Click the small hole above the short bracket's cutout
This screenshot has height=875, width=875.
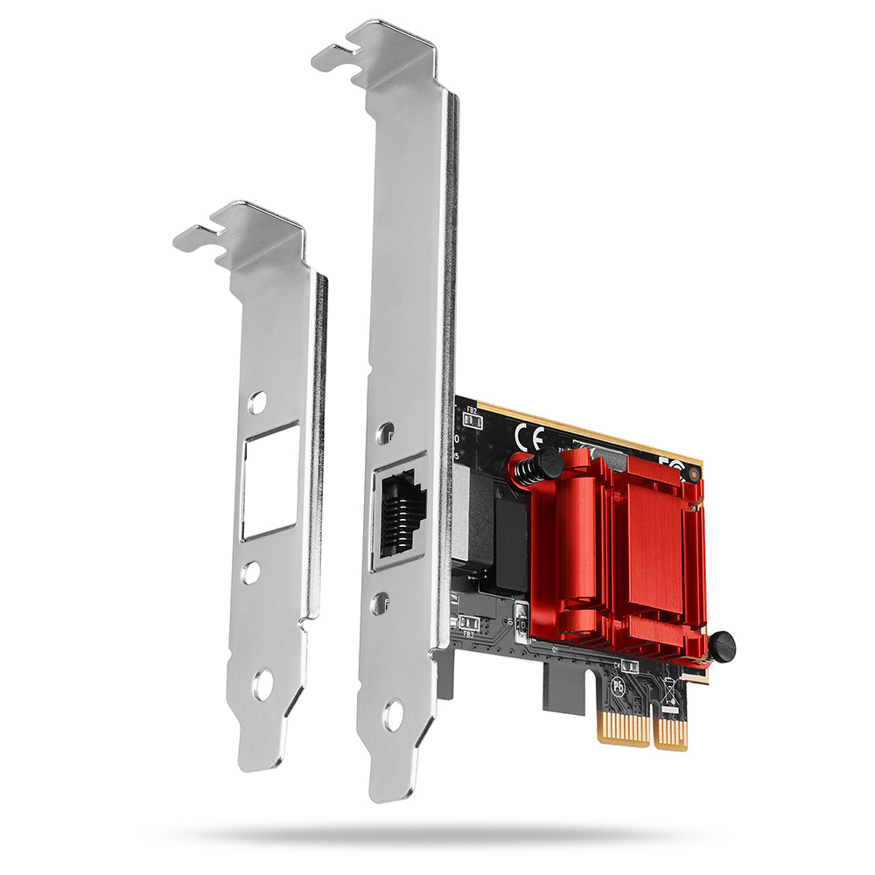256,402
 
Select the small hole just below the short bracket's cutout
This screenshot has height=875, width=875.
251,573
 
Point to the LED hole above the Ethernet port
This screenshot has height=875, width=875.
385,430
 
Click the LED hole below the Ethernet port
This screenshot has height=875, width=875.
380,602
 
